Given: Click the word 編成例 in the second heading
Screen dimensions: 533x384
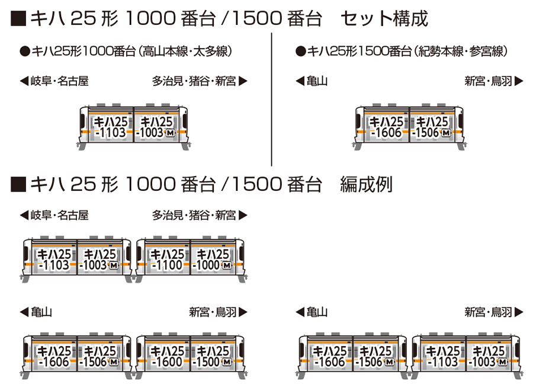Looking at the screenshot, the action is [366, 185].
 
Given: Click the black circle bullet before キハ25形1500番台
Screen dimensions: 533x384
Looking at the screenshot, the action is [300, 52].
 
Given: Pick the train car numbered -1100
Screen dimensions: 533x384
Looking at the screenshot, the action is [163, 260].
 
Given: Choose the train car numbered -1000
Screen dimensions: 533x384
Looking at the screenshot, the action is [217, 260].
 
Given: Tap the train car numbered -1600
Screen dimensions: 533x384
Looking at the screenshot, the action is [163, 356].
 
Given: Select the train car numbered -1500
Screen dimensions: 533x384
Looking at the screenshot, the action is [217, 356].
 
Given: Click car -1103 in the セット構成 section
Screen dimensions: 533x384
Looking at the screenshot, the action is [107, 127].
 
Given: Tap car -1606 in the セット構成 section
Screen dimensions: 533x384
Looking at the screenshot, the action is [383, 127].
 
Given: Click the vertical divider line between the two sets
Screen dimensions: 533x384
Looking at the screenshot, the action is [271, 100].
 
